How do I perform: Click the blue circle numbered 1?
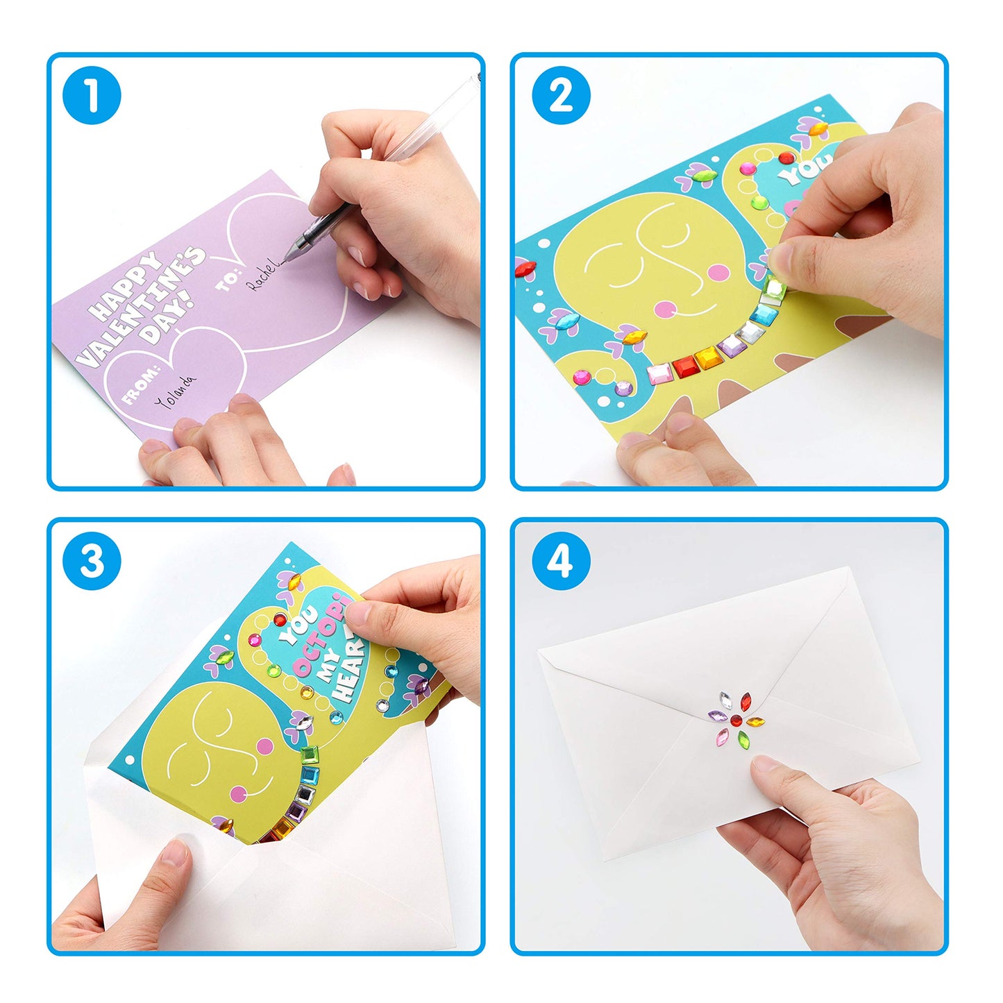coord(92,95)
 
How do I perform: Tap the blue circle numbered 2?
coord(561,95)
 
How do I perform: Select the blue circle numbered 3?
coord(92,561)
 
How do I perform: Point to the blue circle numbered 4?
coord(561,561)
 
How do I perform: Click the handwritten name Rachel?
coord(264,275)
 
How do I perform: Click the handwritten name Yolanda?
coord(175,392)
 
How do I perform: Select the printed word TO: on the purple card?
coord(228,280)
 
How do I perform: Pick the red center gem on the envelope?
coord(736,717)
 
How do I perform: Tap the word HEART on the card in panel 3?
coord(351,667)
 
